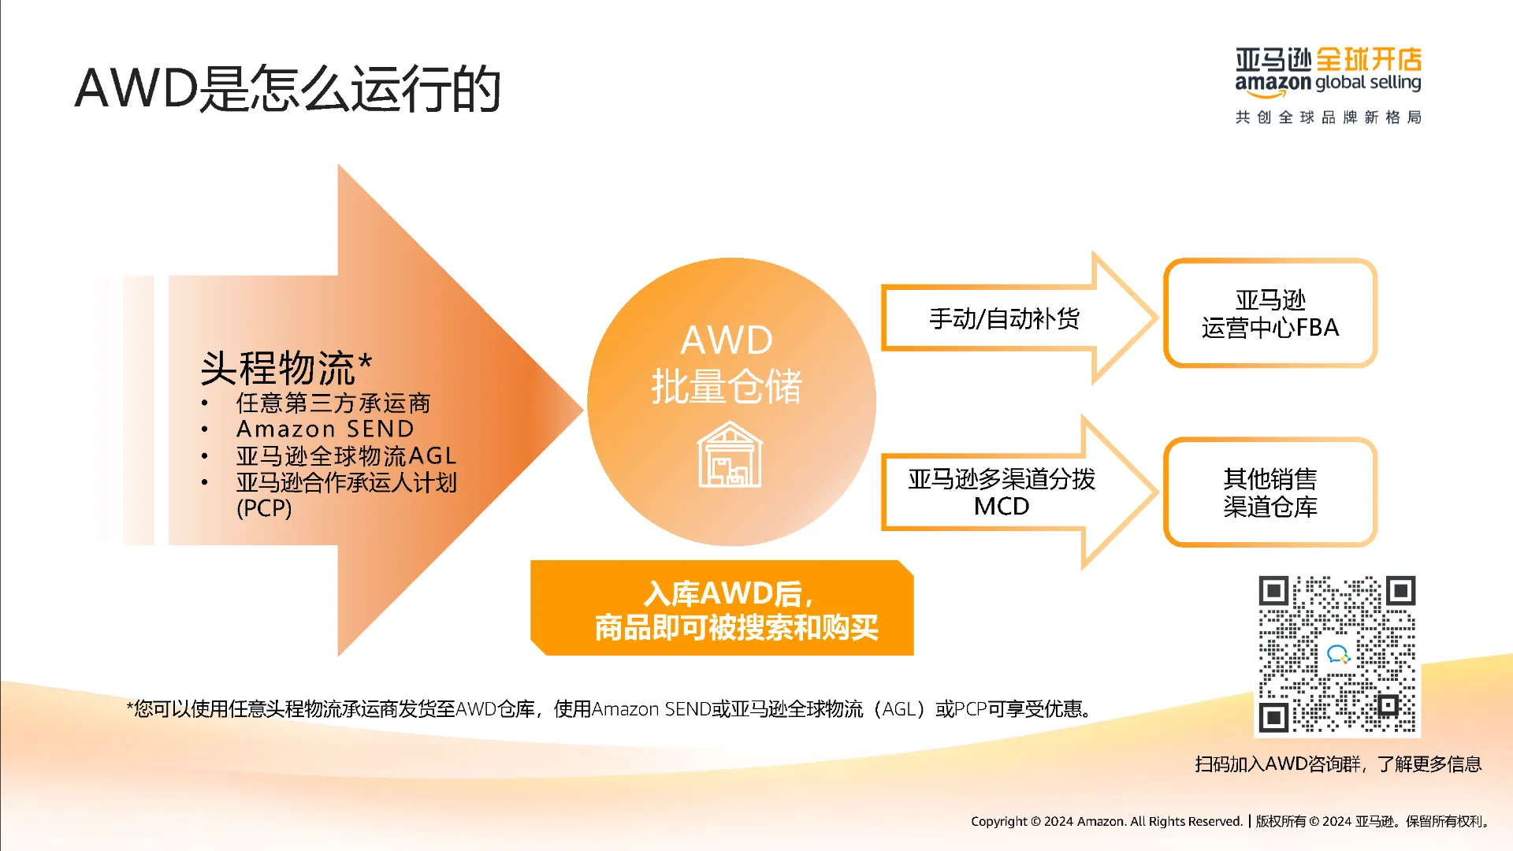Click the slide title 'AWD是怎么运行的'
pos(288,87)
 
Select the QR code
pos(1336,654)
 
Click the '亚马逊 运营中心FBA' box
pos(1270,314)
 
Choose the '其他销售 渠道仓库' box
pos(1270,492)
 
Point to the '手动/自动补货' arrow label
pos(1004,318)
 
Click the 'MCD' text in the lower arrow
pos(1002,506)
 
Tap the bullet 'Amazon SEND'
pos(325,429)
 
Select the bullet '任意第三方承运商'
pos(333,403)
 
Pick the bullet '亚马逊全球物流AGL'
pos(346,455)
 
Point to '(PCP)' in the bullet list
pos(264,508)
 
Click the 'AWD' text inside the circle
pos(727,340)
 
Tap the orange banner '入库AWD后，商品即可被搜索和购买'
pos(723,609)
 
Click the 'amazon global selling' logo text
pos(1328,83)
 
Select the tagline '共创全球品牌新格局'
pos(1328,117)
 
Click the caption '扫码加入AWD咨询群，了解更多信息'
pos(1337,764)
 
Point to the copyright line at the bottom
pos(1231,821)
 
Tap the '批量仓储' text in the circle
pos(727,386)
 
